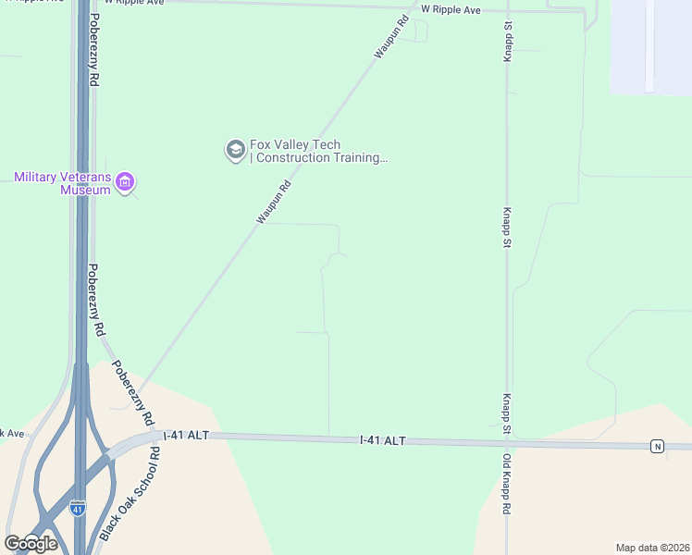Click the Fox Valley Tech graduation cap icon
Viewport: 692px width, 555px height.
[235, 150]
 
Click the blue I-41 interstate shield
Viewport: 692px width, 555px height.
[78, 509]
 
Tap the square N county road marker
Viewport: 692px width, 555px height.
[657, 447]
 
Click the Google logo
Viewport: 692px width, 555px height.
[31, 543]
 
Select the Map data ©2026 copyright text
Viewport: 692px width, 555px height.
[652, 547]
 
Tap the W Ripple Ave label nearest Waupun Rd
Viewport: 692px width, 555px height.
[451, 9]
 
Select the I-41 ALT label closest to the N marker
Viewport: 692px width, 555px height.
[383, 441]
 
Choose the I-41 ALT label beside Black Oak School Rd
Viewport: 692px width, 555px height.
[186, 435]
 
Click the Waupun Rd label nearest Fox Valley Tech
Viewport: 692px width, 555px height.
[274, 201]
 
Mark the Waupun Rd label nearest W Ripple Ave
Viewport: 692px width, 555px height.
[391, 38]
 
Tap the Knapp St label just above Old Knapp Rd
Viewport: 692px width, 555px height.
[507, 413]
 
